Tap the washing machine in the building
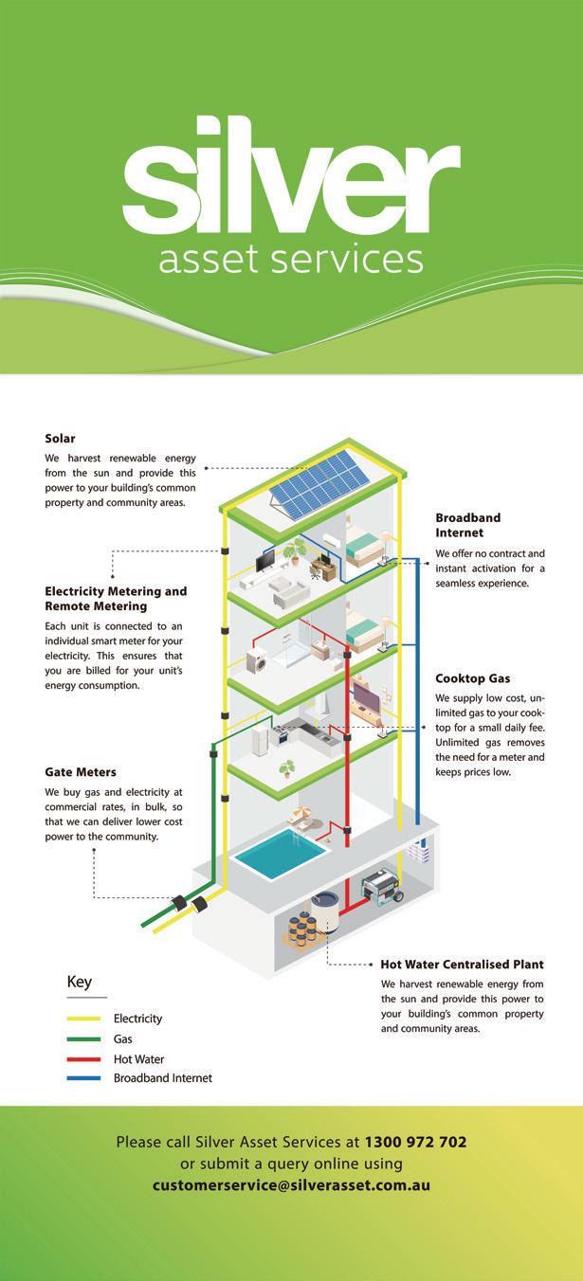[x=256, y=661]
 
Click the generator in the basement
[x=383, y=890]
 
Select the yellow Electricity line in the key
[x=83, y=1019]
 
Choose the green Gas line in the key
[x=83, y=1038]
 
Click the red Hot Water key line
[x=83, y=1058]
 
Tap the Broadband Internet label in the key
[x=162, y=1078]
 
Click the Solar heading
[x=60, y=438]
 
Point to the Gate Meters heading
[x=81, y=772]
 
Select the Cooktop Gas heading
[x=472, y=678]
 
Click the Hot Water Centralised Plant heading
[x=462, y=965]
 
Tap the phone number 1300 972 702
[x=415, y=1142]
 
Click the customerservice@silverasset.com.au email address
[x=291, y=1184]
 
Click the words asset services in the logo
[x=290, y=258]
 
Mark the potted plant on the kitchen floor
[x=287, y=767]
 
